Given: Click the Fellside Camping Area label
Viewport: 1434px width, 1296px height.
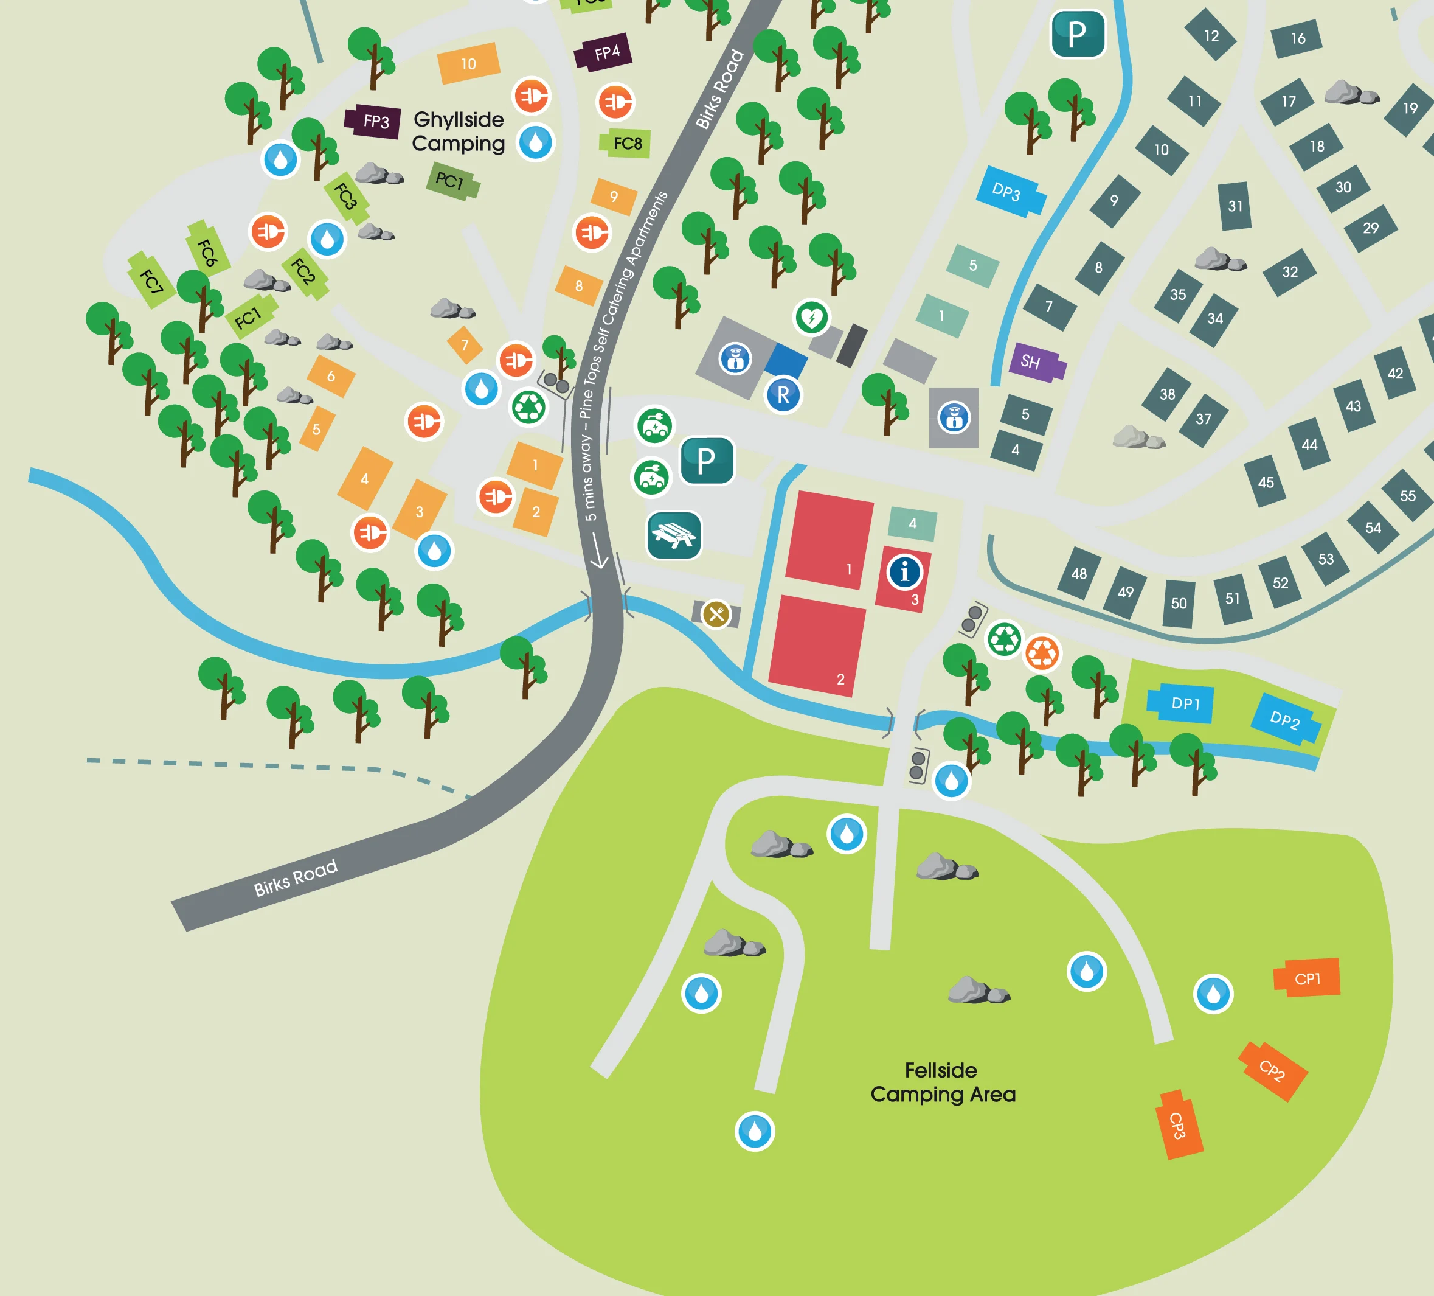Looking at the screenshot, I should point(943,1082).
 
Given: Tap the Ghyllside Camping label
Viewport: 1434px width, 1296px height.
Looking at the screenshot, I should point(458,131).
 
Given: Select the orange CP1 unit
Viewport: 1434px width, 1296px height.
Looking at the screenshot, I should point(1307,978).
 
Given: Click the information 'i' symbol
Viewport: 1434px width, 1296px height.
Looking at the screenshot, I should point(905,571).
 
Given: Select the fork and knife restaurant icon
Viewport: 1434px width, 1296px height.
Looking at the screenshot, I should point(716,613).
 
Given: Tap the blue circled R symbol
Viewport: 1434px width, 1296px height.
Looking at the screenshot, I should point(783,394).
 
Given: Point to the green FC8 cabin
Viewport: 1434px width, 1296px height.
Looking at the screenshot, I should point(626,144).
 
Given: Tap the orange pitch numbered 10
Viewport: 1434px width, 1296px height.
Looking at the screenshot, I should point(468,63).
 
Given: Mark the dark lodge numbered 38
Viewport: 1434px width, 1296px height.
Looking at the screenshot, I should point(1166,394).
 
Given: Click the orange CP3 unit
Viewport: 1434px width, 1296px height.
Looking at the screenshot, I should point(1179,1124).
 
